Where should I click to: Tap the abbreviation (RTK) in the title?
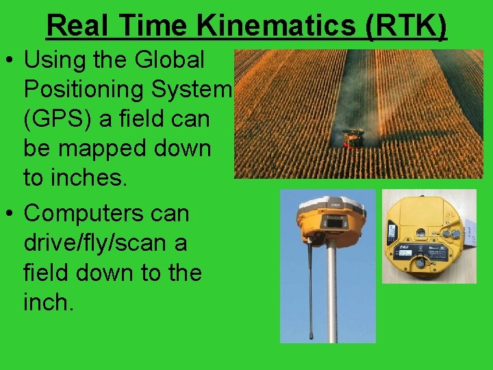tap(407, 26)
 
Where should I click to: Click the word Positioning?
tap(90, 90)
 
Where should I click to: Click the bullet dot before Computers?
tap(11, 214)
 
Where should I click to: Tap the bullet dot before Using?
tap(11, 60)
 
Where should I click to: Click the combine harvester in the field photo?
tap(353, 138)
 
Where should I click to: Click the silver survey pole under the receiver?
tap(332, 295)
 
